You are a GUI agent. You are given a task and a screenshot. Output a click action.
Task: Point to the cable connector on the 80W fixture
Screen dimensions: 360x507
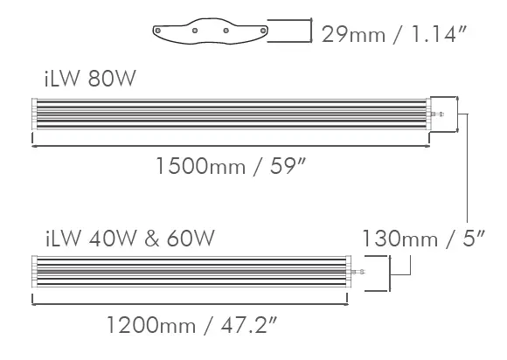tap(440, 114)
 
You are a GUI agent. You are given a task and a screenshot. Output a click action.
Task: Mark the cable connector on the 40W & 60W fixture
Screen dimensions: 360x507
tap(358, 273)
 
